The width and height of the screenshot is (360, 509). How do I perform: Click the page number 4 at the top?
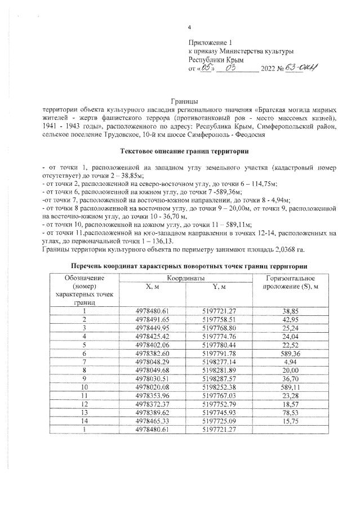190,27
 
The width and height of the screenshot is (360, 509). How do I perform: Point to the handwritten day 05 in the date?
205,68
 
